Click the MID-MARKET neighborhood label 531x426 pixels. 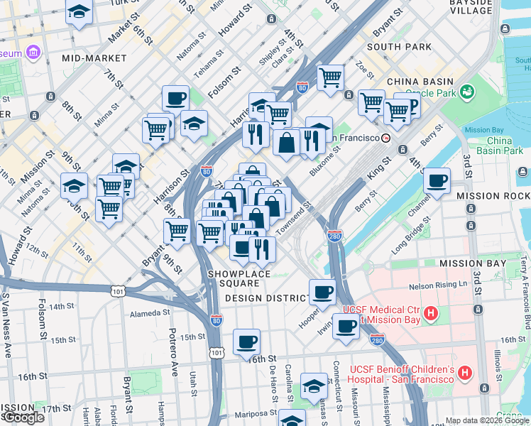[94, 58]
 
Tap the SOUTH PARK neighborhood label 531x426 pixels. [399, 47]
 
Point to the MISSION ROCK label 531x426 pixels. [493, 196]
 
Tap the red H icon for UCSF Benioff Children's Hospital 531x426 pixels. [465, 372]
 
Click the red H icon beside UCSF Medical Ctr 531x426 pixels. [430, 313]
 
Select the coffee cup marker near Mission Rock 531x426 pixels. [437, 180]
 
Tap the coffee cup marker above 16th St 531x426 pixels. [246, 342]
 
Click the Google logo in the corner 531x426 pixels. [23, 417]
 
